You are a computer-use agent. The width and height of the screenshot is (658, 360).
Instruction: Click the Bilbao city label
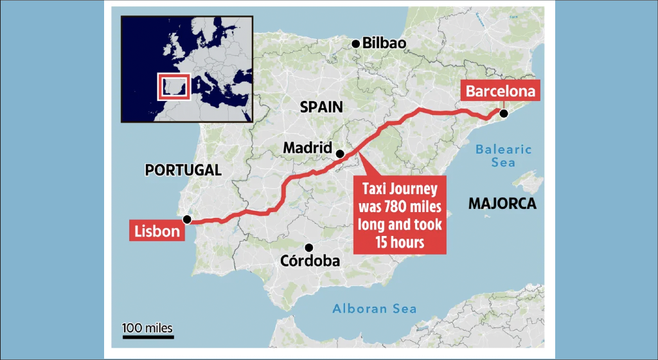tap(385, 44)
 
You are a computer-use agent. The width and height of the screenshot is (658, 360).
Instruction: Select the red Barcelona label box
tap(501, 91)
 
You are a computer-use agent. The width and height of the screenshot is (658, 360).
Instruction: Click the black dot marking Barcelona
tap(504, 114)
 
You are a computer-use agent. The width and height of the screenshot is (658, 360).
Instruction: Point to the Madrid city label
tap(307, 148)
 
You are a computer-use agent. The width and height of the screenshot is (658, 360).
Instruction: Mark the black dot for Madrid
tap(340, 154)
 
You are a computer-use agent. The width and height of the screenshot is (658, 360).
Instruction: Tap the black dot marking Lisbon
tap(187, 219)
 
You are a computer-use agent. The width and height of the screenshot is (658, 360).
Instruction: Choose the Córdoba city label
tap(310, 261)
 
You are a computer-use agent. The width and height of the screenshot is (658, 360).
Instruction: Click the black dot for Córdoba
tap(309, 248)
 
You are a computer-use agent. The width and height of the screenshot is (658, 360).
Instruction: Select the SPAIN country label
tap(322, 107)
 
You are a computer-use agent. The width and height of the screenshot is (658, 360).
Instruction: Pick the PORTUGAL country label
tap(183, 170)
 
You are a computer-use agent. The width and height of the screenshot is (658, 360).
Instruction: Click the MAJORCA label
tap(502, 204)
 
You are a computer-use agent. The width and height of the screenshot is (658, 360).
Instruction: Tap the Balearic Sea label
tap(503, 156)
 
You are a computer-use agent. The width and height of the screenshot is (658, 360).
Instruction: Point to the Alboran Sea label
tap(374, 309)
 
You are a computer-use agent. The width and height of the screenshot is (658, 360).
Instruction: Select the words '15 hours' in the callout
tap(400, 242)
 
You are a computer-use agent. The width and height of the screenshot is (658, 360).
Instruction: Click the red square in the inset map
tap(174, 87)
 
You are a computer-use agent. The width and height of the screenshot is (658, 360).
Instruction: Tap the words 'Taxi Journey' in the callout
tap(400, 190)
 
